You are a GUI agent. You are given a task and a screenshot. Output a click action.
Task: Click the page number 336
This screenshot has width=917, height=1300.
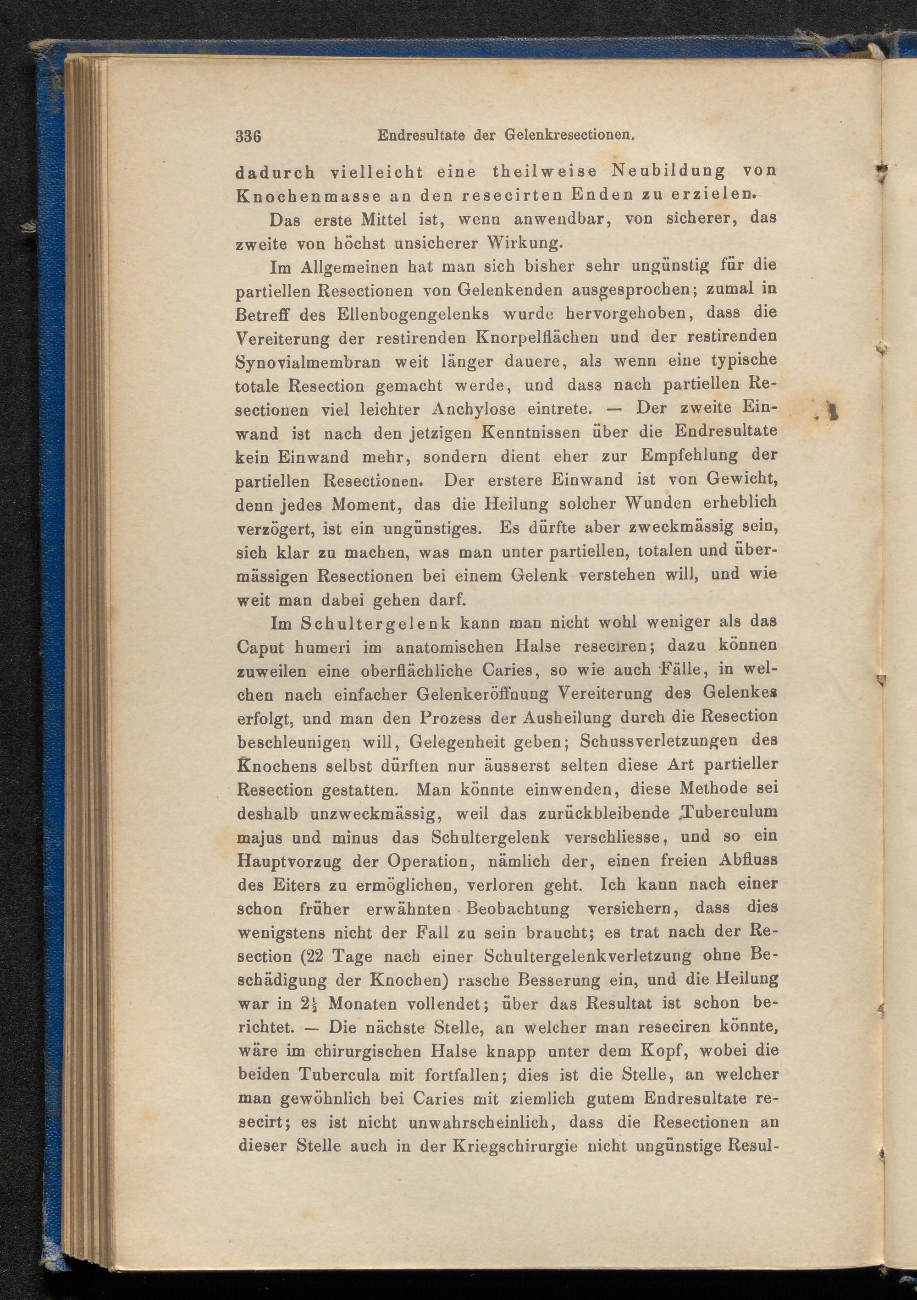pos(248,137)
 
